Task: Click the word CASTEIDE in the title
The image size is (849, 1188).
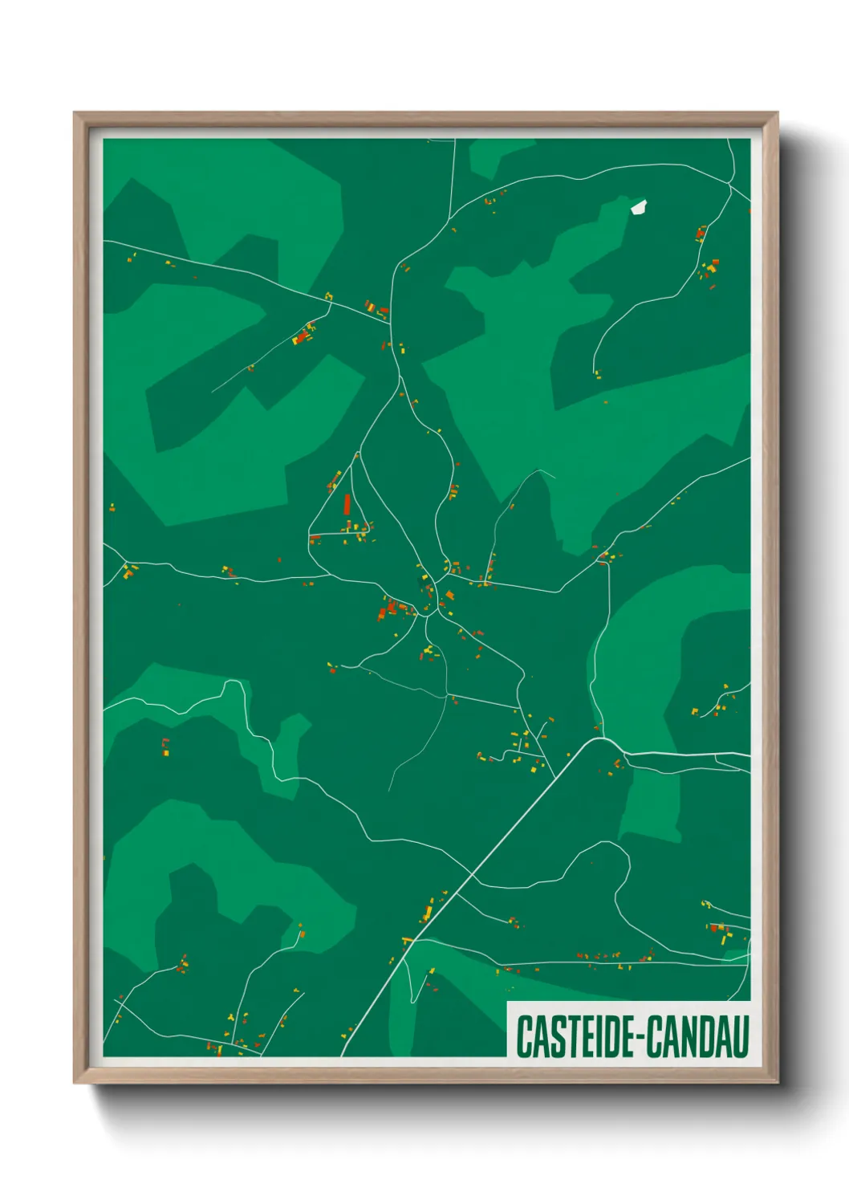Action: pos(577,1036)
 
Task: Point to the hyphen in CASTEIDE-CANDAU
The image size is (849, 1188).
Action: pos(640,1038)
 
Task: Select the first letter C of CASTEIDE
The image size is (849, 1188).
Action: pos(523,1036)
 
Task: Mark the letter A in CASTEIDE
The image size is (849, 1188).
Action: pos(538,1036)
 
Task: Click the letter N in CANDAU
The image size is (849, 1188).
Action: pos(689,1036)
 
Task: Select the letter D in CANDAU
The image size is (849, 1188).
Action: pos(707,1036)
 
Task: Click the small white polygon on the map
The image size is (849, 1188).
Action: pos(639,207)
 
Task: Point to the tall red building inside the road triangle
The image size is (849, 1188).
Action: pos(347,504)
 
